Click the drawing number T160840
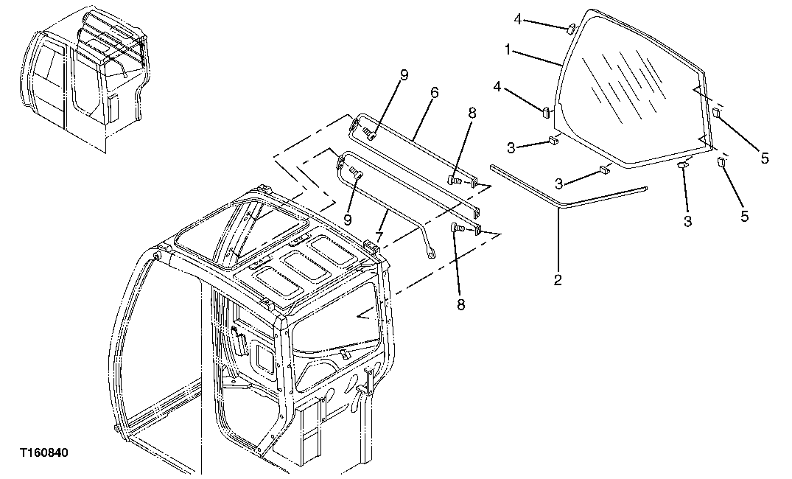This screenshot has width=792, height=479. pos(44,452)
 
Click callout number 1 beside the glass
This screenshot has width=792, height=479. pos(508,50)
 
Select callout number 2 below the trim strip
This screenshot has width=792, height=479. pos(558,280)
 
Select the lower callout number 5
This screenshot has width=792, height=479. pos(744,216)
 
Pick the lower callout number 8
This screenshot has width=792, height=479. pos(461,304)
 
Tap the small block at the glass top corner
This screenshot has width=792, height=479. pos(570,29)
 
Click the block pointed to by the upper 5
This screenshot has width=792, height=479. pos(715,112)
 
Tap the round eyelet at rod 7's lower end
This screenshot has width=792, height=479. pos(431,256)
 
